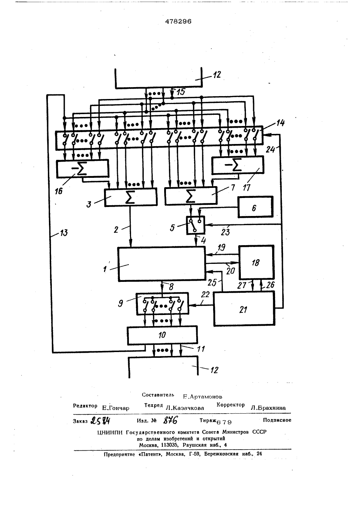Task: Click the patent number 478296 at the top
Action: [x=178, y=21]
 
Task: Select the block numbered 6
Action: [x=256, y=207]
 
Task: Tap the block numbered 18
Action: [x=256, y=262]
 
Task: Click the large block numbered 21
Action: [x=244, y=308]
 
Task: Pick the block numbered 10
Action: [x=162, y=335]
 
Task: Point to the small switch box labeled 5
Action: [x=195, y=225]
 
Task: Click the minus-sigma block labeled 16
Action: [x=82, y=168]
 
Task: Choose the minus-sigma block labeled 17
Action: [x=238, y=165]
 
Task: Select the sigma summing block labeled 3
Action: [x=131, y=197]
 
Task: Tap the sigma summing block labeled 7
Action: [x=191, y=196]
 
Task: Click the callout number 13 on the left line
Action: [x=64, y=233]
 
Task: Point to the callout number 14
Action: [x=280, y=123]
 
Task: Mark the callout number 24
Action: [x=270, y=149]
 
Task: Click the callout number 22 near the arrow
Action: [x=205, y=294]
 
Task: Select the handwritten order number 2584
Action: [x=100, y=421]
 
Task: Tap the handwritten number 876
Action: [x=170, y=420]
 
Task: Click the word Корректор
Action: [x=230, y=405]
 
